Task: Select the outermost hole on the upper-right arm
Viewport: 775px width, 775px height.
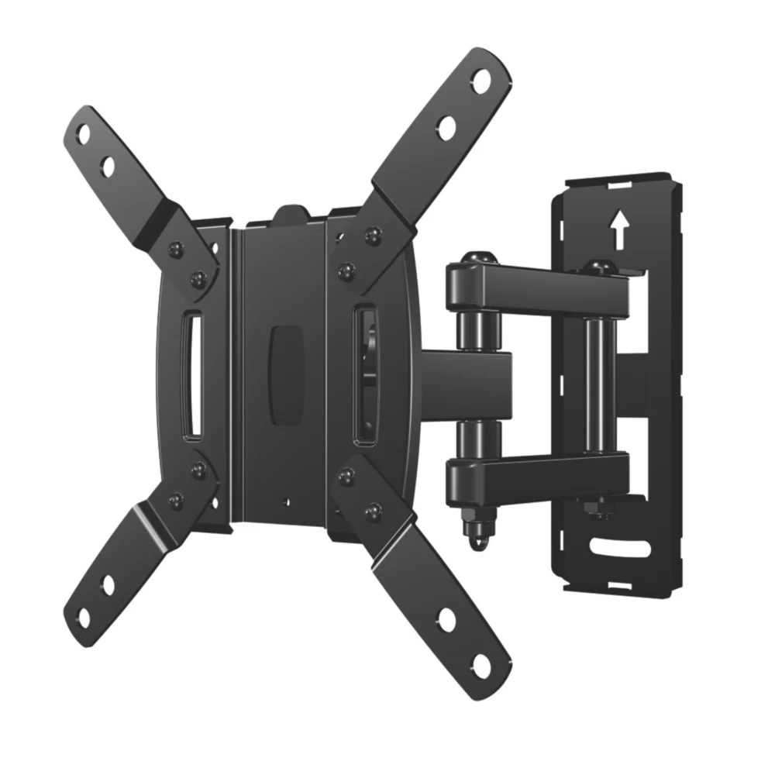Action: [x=481, y=81]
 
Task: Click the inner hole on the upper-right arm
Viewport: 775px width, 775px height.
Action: [x=446, y=128]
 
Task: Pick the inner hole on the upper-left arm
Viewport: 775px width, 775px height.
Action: [x=108, y=167]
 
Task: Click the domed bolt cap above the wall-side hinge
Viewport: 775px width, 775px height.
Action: [x=598, y=267]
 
